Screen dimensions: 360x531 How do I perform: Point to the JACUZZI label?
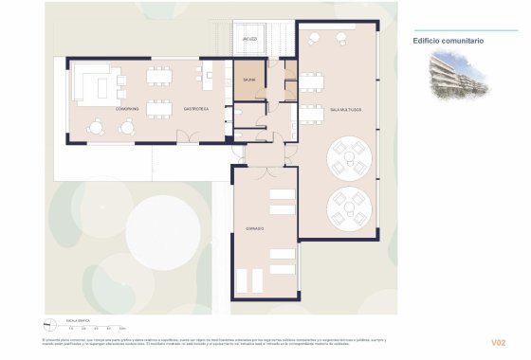[x=249, y=40]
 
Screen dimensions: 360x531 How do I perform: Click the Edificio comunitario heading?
[x=449, y=41]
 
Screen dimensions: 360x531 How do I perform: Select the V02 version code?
[x=499, y=342]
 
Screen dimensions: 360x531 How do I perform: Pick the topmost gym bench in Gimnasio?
[x=283, y=194]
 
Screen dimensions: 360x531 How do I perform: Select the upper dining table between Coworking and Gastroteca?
[x=160, y=75]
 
